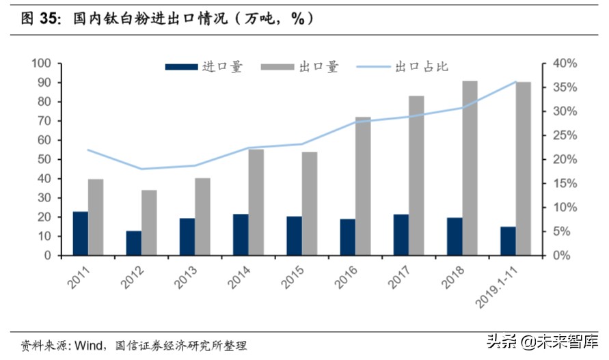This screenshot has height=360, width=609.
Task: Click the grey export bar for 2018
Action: point(470,168)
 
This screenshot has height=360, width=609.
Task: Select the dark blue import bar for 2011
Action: point(81,234)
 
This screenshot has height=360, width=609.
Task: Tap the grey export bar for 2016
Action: point(363,186)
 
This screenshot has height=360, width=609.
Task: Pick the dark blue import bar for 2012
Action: point(134,243)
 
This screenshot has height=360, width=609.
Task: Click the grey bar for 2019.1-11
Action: point(523,169)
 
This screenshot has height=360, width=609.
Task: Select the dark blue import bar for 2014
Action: point(241,234)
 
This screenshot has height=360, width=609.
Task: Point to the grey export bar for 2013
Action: point(203,217)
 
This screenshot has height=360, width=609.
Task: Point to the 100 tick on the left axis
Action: point(42,64)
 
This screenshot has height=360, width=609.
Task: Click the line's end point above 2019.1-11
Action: point(516,82)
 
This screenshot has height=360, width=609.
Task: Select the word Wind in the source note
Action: point(87,346)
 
